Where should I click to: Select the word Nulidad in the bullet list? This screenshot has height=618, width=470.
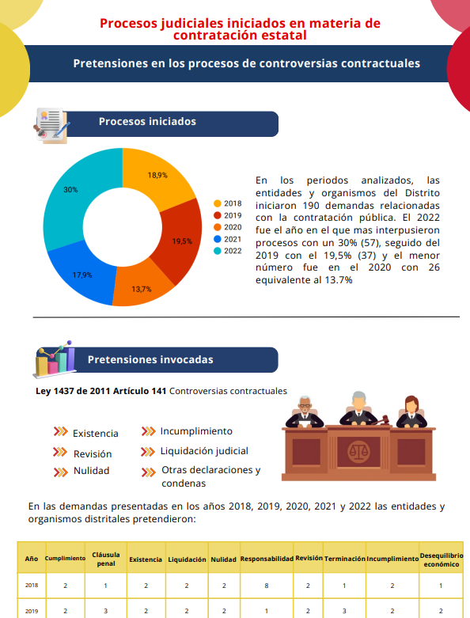coord(91,471)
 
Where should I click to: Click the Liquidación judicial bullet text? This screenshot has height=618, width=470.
coord(204,451)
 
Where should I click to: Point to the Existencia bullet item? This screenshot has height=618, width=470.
coord(95,434)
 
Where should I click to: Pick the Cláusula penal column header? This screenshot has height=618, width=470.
coord(106,559)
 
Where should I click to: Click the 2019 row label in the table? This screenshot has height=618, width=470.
coord(32,611)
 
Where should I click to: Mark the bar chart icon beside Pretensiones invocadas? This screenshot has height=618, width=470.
coord(55,361)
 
